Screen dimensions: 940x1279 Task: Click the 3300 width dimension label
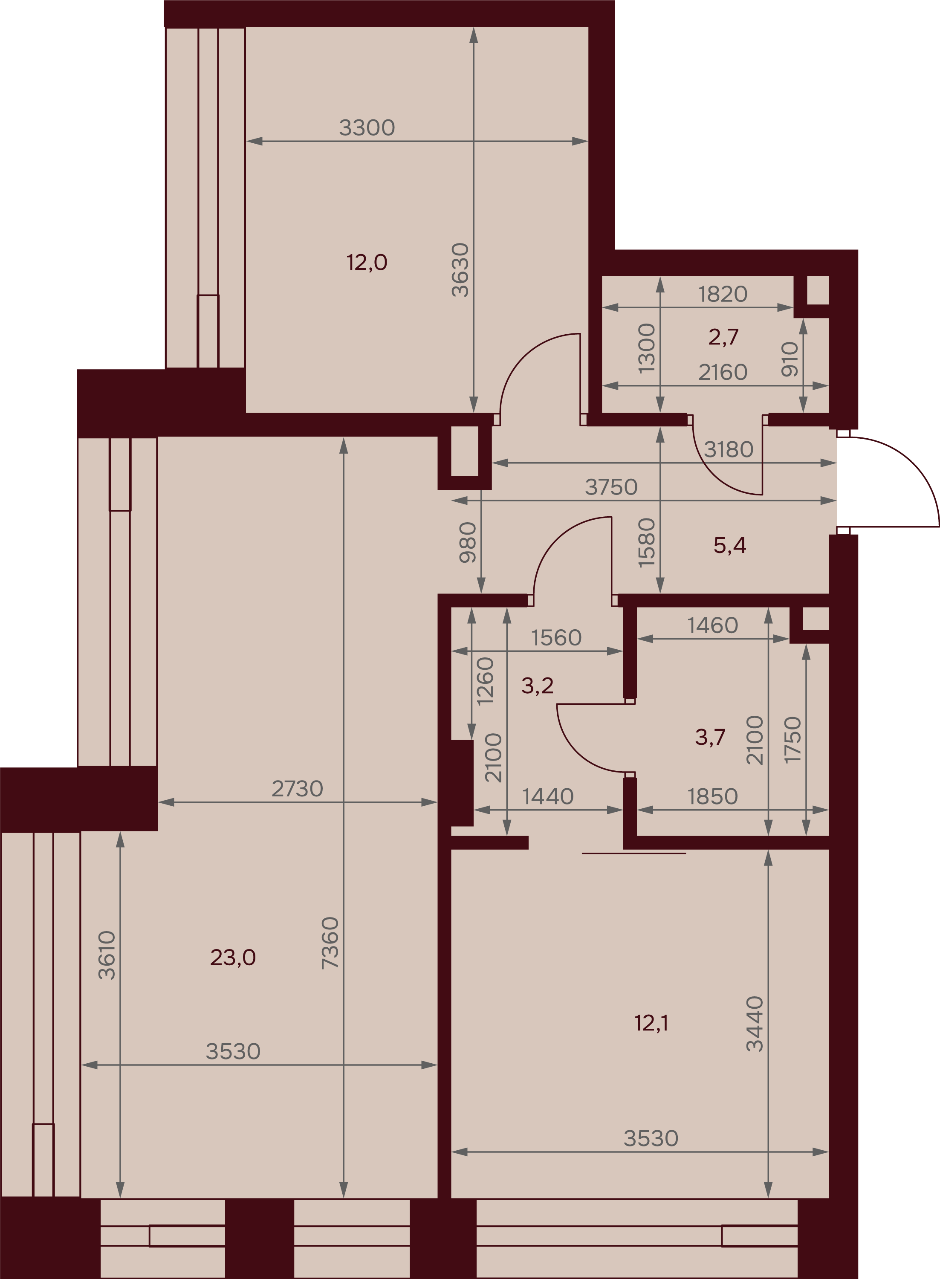click(367, 128)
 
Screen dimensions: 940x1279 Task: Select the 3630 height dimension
click(460, 270)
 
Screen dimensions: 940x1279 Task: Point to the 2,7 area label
click(723, 337)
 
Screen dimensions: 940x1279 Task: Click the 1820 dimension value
click(723, 294)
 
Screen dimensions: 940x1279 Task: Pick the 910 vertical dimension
click(790, 359)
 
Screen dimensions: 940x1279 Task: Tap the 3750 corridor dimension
click(611, 487)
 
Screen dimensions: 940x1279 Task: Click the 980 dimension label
click(468, 543)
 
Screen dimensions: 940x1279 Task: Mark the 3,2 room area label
click(537, 686)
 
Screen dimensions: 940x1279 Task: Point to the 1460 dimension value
click(712, 626)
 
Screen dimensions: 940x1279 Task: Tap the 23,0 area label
click(233, 958)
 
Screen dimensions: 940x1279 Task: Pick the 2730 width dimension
click(297, 789)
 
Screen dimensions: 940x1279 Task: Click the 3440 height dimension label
click(755, 1024)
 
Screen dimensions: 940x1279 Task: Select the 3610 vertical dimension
click(107, 955)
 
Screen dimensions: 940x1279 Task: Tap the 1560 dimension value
click(556, 638)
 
